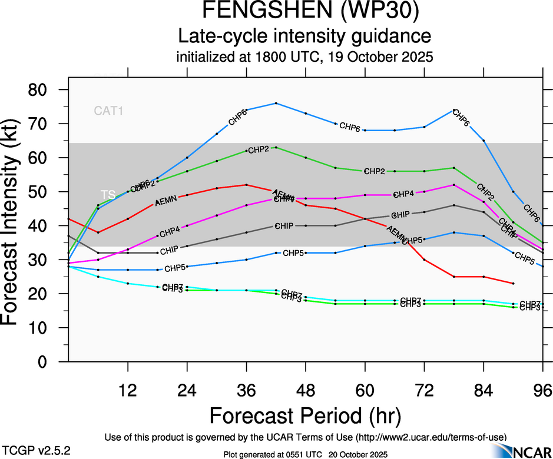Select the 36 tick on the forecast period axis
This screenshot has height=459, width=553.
[246, 390]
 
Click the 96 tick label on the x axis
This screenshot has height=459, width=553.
[542, 390]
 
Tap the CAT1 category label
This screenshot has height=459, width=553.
[108, 110]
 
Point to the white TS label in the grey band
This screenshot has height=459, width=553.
[108, 194]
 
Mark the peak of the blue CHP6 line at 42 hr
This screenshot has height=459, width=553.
[276, 104]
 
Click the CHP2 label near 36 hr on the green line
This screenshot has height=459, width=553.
[259, 149]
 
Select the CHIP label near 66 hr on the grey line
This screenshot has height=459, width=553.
[400, 214]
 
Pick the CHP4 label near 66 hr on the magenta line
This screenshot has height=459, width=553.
[404, 194]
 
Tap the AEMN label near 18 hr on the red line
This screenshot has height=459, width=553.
[165, 202]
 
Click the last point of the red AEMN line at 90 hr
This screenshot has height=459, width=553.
[514, 284]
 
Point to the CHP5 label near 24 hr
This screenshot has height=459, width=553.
[175, 268]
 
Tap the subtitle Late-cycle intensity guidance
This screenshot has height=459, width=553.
[304, 36]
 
